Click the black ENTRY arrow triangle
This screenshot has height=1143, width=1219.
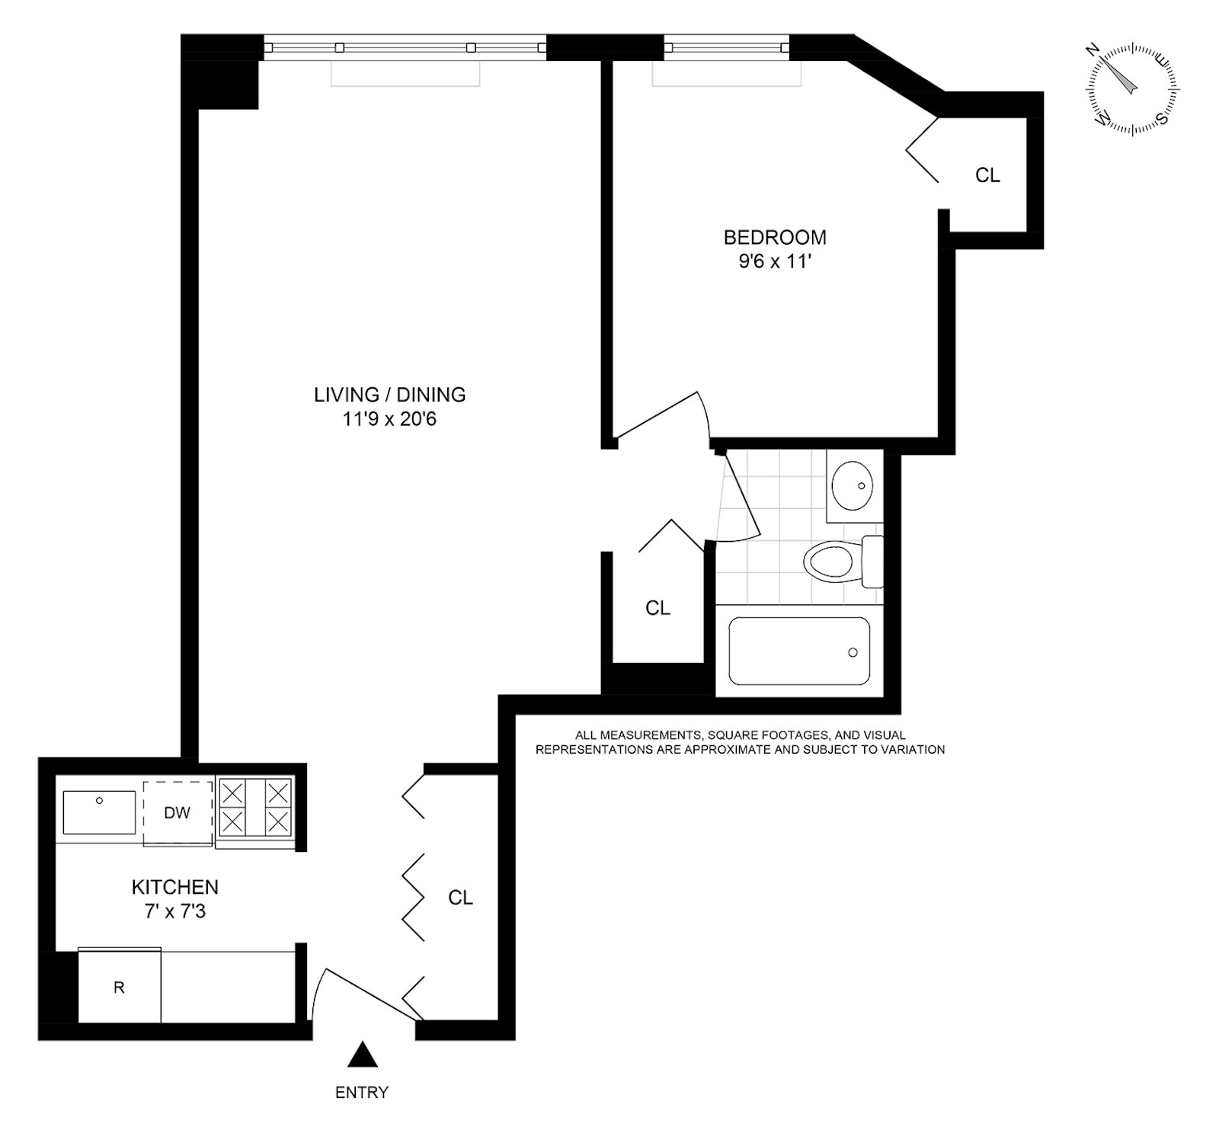coord(363,1055)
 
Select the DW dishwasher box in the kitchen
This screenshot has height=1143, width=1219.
coord(178,812)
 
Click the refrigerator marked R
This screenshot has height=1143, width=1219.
coord(120,988)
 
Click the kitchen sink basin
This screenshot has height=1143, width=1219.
coord(99,812)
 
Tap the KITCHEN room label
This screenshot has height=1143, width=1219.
coord(175,887)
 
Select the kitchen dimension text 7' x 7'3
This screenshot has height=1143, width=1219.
coord(175,911)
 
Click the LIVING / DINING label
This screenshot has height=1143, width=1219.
coord(390,395)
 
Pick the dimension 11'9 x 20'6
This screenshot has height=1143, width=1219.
coord(390,419)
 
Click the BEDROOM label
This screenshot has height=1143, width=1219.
coord(775,237)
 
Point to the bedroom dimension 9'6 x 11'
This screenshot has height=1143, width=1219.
coord(775,261)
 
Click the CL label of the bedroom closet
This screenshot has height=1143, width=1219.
coord(987,175)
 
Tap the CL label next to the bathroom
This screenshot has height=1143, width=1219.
coord(657,608)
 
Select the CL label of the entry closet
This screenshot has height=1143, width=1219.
coord(460,898)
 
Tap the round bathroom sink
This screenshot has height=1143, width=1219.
coord(852,485)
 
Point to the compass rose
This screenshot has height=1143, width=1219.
coord(1132,90)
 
